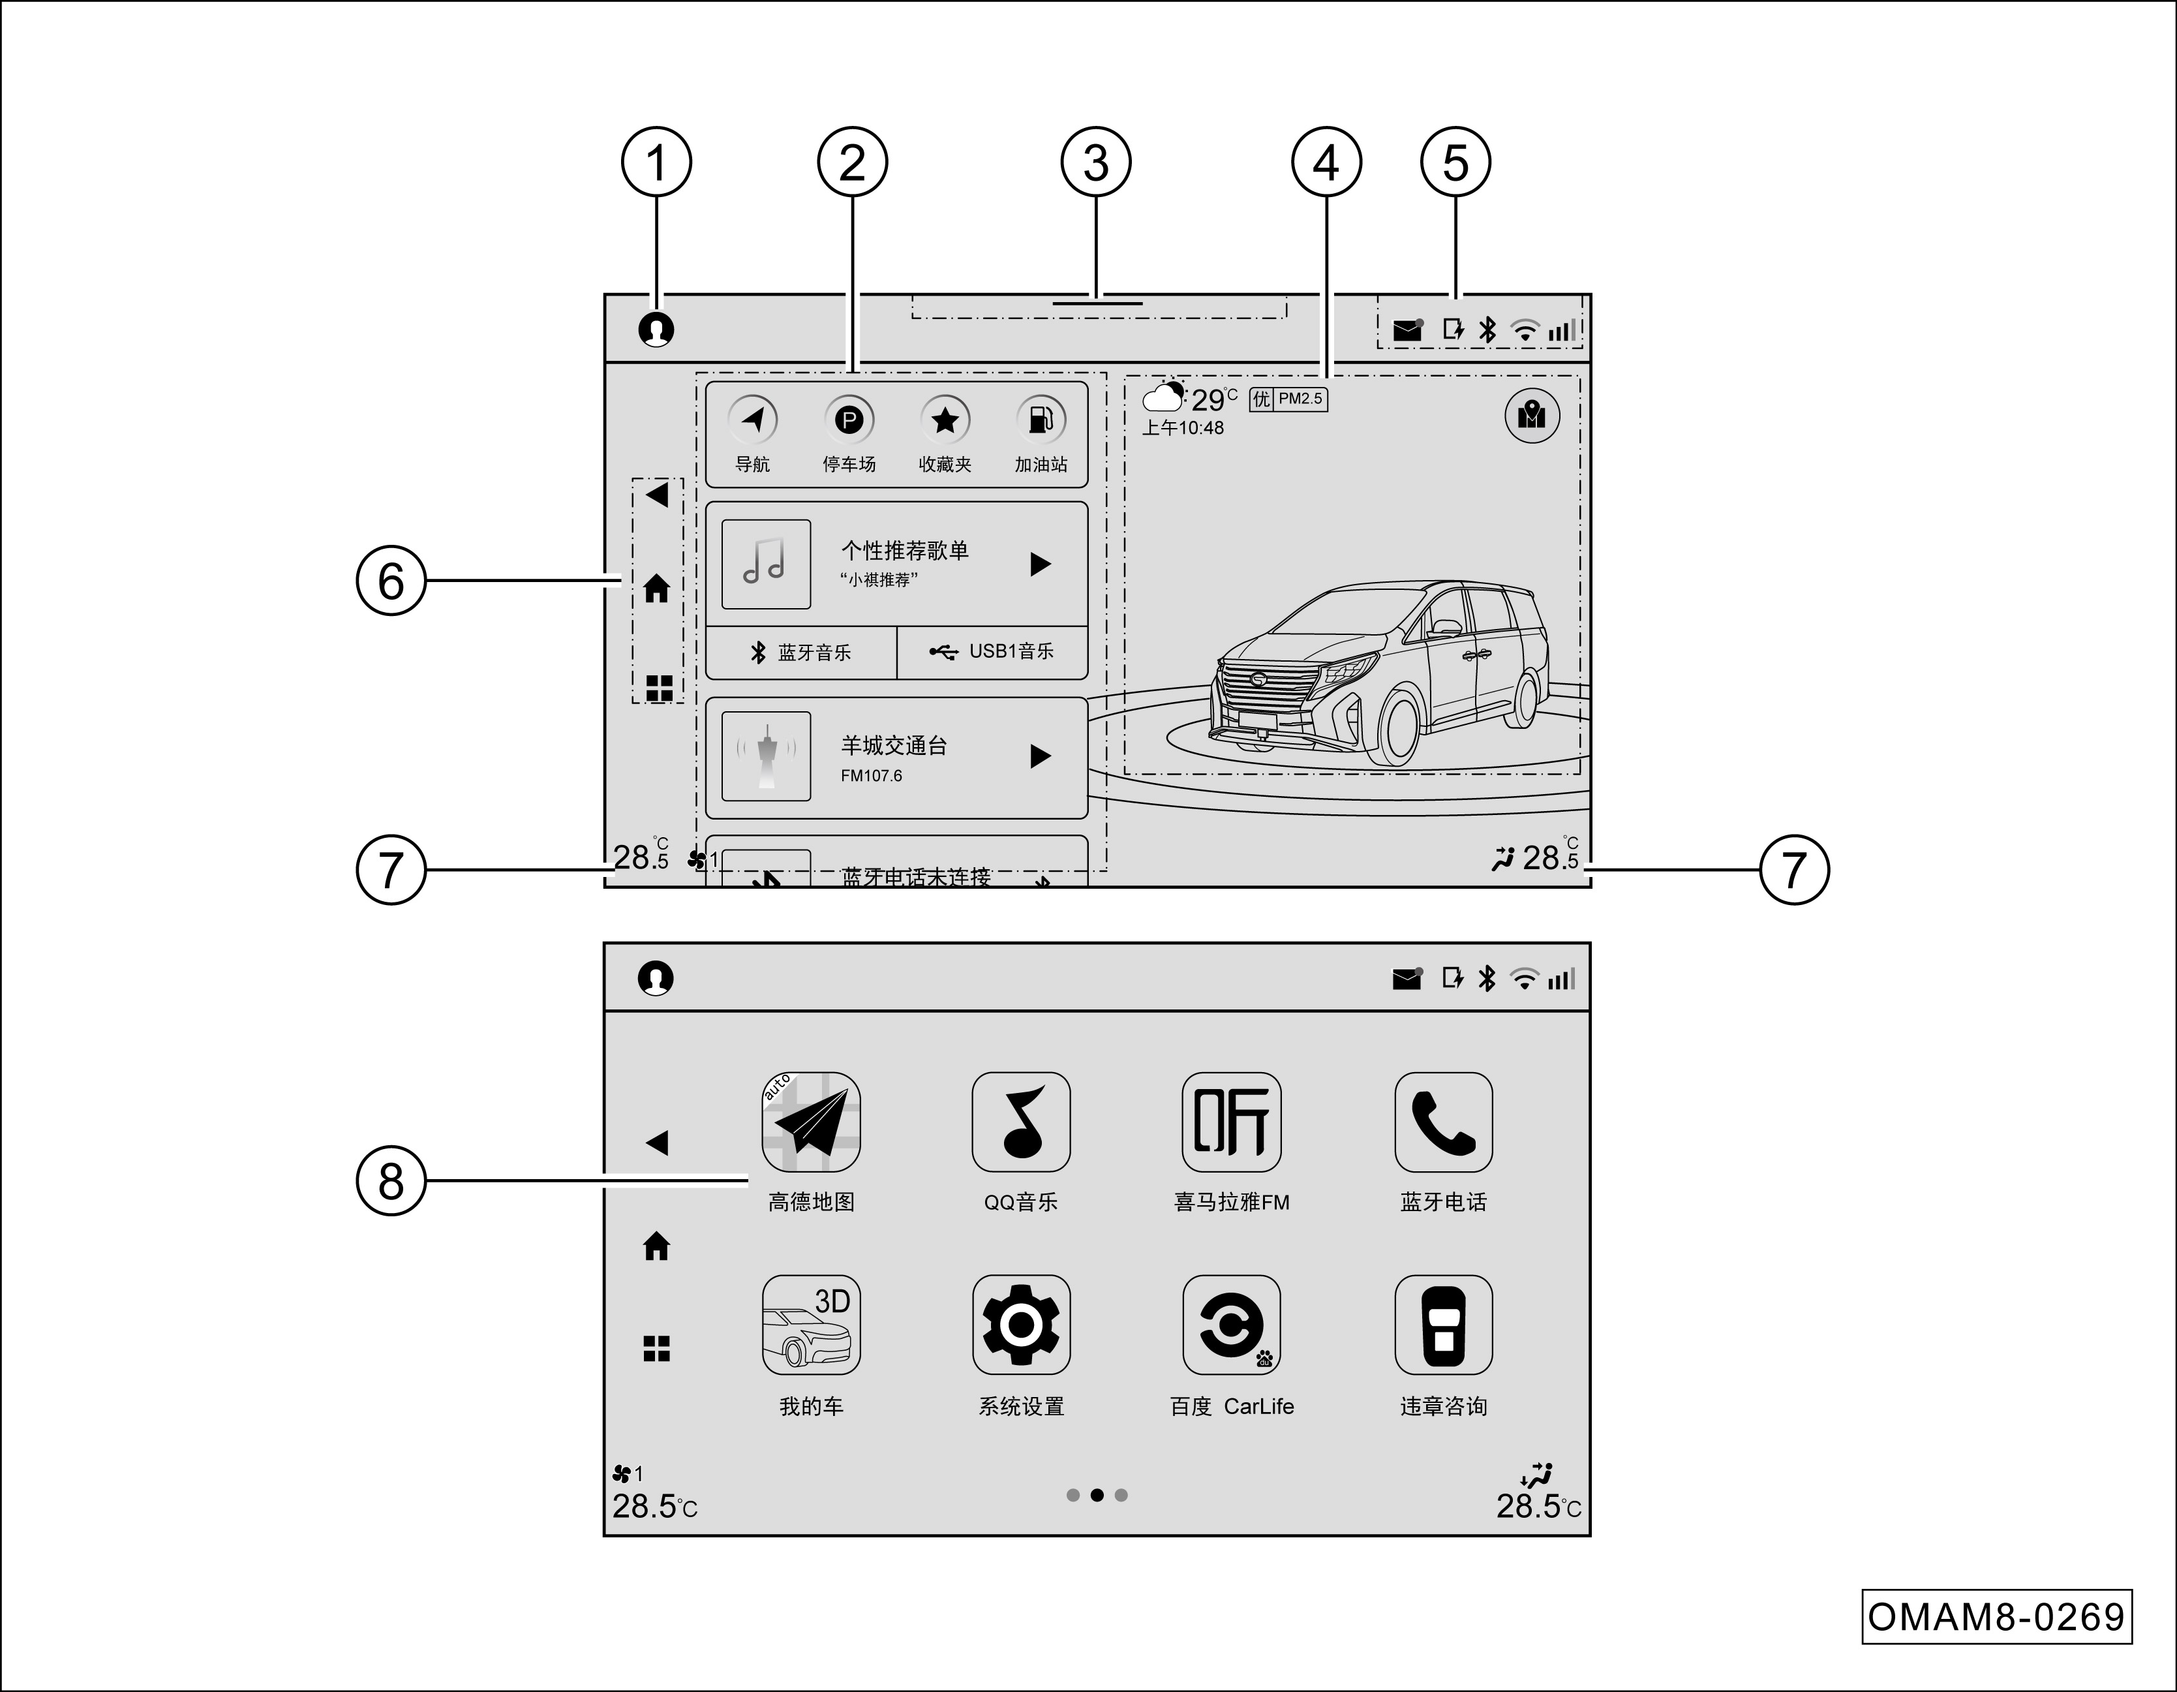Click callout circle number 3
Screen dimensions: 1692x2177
coord(1095,162)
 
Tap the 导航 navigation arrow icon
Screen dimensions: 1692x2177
coord(753,420)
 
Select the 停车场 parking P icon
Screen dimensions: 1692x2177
coord(848,420)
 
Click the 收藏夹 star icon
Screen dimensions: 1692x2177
coord(944,420)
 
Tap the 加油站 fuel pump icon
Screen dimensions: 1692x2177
coord(1040,420)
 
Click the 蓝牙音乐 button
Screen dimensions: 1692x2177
coord(801,652)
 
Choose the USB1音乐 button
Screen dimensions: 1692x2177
coord(993,652)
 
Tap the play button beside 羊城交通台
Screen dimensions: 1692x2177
coord(1040,757)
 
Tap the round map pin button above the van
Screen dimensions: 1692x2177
coord(1531,415)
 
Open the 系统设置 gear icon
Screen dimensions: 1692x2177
coord(1021,1325)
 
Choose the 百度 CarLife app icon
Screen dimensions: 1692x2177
coord(1231,1325)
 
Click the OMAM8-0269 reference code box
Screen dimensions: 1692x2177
coord(1996,1616)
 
